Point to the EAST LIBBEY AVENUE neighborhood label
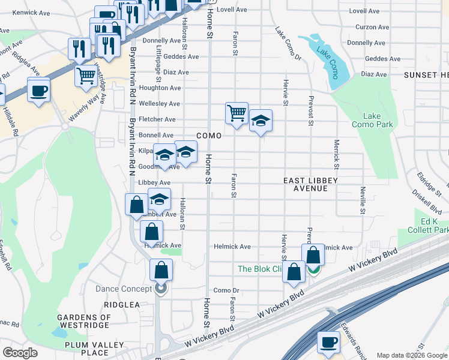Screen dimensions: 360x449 point(310,184)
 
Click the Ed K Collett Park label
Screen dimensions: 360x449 point(431,226)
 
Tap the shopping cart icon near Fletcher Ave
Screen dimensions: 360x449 point(237,112)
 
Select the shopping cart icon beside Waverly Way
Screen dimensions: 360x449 point(86,76)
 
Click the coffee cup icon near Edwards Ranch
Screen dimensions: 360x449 point(328,342)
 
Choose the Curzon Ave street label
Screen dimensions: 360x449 point(373,27)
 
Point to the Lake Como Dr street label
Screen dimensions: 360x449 point(288,44)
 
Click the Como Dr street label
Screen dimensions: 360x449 point(226,290)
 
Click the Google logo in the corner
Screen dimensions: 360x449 point(20,353)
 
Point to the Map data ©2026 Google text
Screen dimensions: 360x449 point(411,355)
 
